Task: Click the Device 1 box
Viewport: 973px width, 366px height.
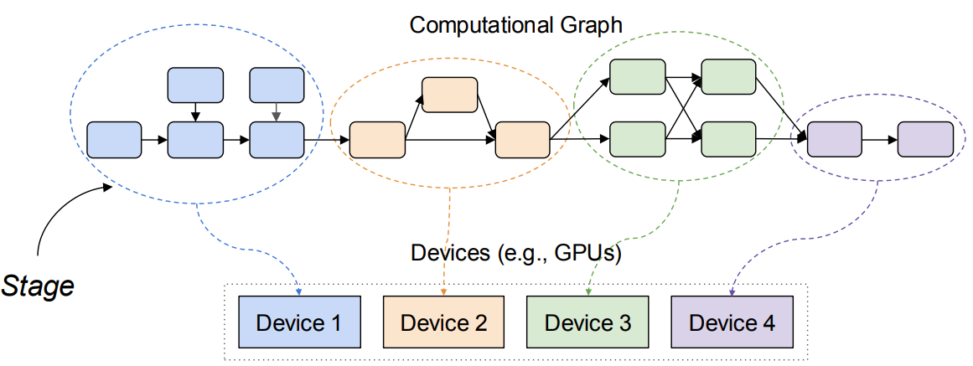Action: click(298, 322)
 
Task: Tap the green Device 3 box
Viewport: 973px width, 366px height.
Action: click(587, 322)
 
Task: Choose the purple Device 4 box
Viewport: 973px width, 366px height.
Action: click(732, 322)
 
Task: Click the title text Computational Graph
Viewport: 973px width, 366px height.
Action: click(515, 24)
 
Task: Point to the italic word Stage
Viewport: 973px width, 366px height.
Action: click(38, 286)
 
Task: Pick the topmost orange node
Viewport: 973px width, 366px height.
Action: click(449, 95)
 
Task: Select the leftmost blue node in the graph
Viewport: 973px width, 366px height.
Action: click(115, 138)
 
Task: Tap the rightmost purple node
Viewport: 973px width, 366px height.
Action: click(925, 139)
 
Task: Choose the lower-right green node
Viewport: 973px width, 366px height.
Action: click(728, 138)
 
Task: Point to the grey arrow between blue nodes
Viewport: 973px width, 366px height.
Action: click(277, 111)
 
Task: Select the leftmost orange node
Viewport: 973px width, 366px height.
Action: click(377, 140)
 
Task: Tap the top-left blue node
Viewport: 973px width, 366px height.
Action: click(195, 85)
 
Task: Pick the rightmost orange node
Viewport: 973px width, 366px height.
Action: click(522, 140)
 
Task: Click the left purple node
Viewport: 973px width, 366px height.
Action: click(834, 139)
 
